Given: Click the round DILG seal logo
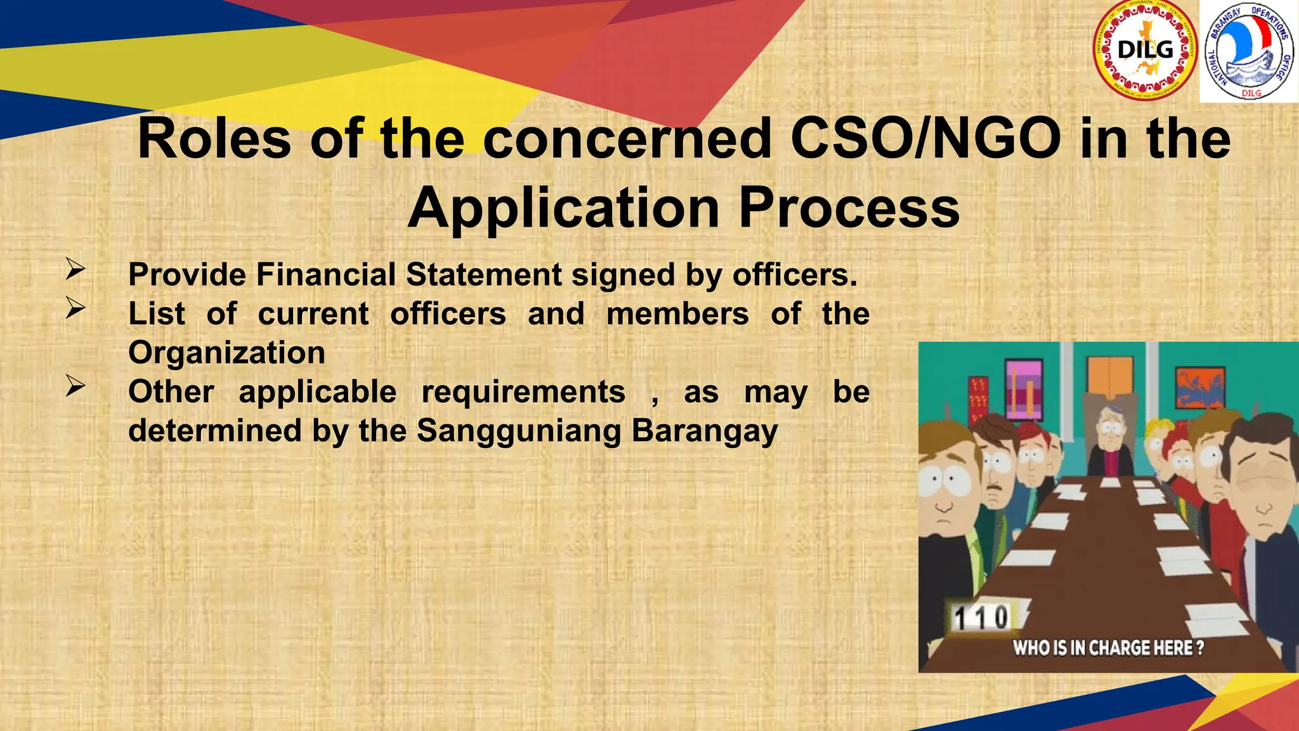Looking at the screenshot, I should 1146,50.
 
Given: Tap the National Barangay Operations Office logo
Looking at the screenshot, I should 1249,51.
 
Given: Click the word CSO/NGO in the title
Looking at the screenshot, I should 925,138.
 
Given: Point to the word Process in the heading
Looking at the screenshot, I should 849,208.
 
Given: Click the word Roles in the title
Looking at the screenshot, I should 214,138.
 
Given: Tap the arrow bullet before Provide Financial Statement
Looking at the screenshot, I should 75,270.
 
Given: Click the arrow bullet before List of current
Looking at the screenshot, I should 75,308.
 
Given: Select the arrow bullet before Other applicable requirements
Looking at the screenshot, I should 75,386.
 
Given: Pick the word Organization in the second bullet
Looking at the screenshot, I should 226,353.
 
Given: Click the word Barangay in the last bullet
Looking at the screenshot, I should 705,431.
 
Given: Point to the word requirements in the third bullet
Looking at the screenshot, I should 523,392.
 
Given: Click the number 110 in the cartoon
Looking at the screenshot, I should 981,617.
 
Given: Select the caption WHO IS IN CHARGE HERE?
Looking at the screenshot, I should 1107,648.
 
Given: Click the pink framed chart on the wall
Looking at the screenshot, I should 1024,390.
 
